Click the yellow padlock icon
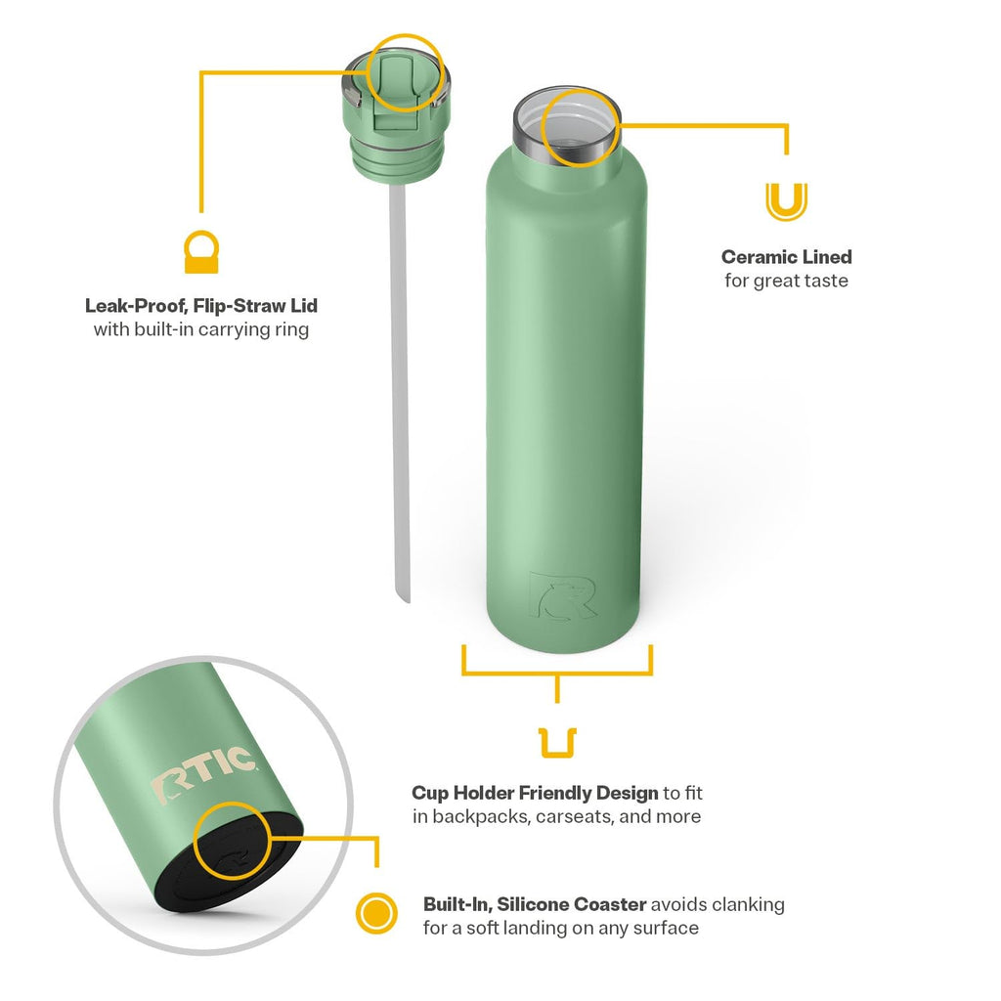point(201,253)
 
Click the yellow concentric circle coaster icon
point(376,913)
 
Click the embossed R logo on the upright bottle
point(562,595)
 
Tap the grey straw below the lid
point(400,393)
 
